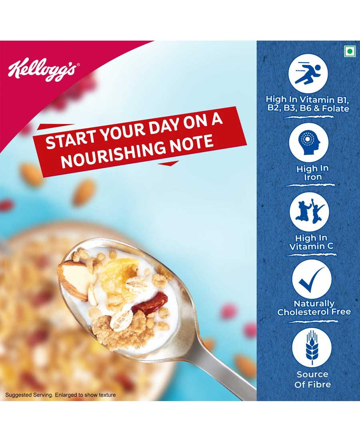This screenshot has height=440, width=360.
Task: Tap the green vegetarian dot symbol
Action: click(349, 51)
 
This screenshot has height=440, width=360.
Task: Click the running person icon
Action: click(308, 74)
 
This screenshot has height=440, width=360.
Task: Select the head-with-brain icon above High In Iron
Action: click(309, 142)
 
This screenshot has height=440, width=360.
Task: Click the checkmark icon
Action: click(312, 280)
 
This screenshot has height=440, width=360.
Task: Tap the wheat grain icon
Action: click(312, 348)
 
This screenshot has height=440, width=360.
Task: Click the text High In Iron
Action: click(312, 173)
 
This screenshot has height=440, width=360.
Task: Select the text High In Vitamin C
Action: click(311, 242)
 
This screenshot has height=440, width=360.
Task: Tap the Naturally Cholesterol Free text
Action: click(314, 308)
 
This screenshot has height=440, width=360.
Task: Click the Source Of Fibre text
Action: click(312, 379)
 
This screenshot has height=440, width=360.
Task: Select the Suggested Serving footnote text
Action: click(60, 395)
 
